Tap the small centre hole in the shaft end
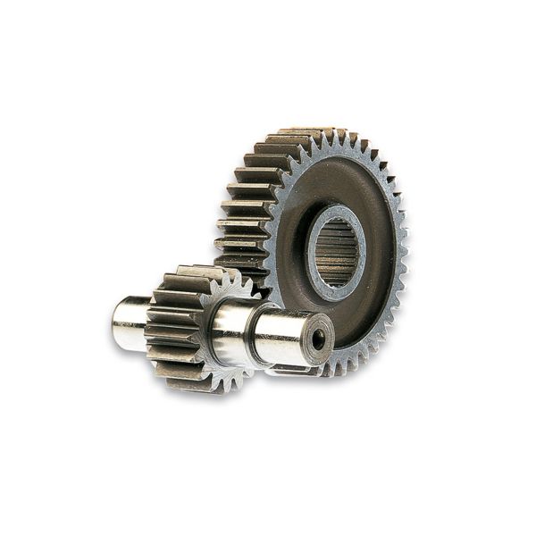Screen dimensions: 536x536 point(317,339)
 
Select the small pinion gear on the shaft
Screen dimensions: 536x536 point(183,326)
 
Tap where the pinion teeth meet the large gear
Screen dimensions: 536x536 point(255,290)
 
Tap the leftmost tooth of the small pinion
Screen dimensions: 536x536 point(150,326)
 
